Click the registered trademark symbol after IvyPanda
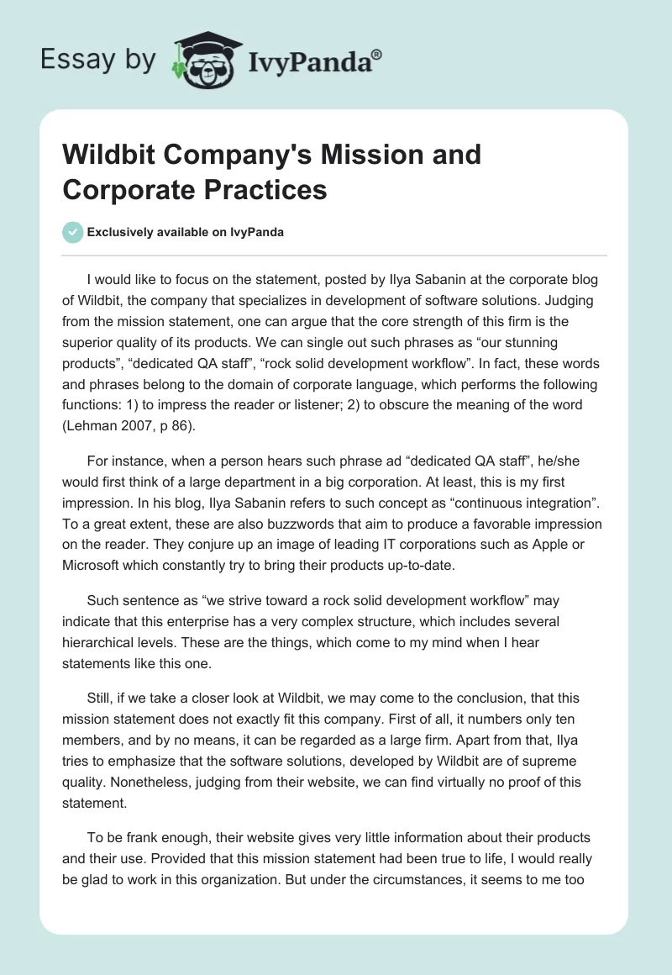coord(376,53)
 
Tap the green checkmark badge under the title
coord(73,232)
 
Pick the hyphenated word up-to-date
coord(416,565)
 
